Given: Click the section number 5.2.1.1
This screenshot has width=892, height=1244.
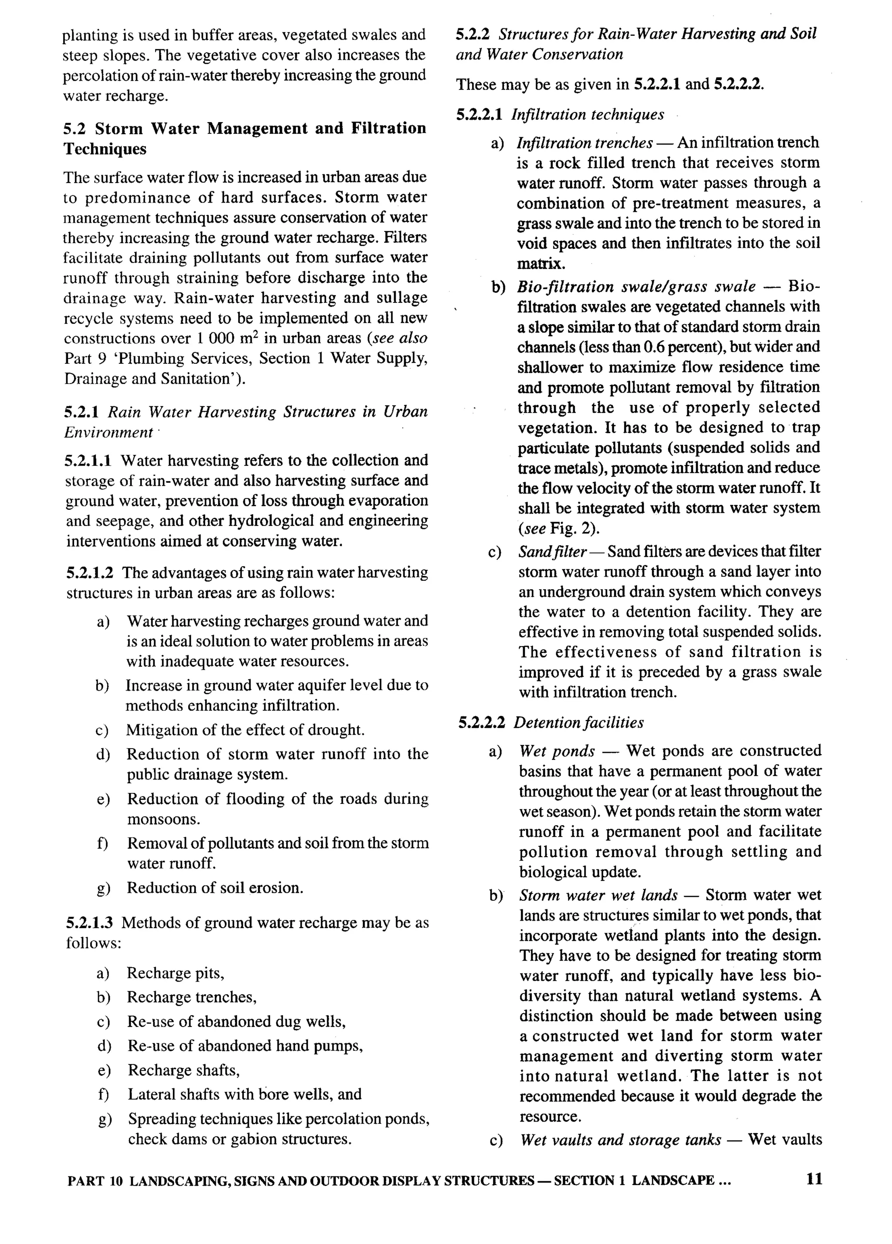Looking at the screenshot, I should pos(88,460).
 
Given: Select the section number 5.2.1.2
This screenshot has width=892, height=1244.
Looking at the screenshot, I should pos(90,573).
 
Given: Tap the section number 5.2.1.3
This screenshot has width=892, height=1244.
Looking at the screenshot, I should pos(89,922).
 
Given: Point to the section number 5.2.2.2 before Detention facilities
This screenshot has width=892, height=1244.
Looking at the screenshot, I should pos(481,722).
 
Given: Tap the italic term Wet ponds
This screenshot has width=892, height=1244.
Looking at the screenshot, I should pos(557,750).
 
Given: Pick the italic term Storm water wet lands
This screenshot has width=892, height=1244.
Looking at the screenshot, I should pos(598,895).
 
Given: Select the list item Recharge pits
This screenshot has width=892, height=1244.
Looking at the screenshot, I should pos(176,973).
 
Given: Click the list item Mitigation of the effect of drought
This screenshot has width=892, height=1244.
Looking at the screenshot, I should pos(245,730).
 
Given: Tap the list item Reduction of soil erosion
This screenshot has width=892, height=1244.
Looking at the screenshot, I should pos(215,888).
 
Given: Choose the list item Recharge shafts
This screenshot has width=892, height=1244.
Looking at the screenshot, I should pos(184,1070).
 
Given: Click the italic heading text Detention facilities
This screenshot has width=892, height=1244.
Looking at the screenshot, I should pos(578,722).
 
